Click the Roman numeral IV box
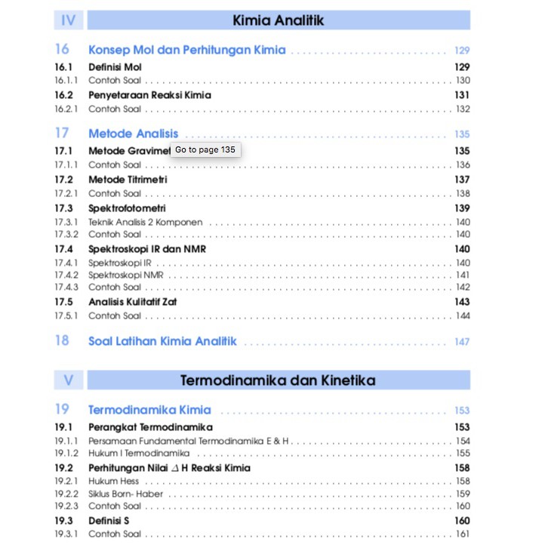click(x=69, y=20)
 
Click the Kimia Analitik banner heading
click(x=279, y=20)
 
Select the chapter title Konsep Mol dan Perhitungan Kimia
click(x=186, y=50)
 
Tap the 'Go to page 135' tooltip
click(x=205, y=149)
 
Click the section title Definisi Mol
click(x=115, y=67)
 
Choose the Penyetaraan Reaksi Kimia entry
click(x=149, y=95)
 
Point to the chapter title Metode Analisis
click(x=133, y=134)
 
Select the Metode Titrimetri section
click(x=128, y=180)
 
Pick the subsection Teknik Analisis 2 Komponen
click(x=145, y=222)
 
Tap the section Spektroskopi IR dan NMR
click(x=147, y=249)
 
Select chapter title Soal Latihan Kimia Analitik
click(x=162, y=341)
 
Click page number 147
click(x=462, y=342)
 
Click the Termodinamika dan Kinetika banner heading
click(x=278, y=380)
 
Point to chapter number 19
click(x=62, y=409)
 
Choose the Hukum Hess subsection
click(x=113, y=481)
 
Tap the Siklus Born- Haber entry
click(x=125, y=494)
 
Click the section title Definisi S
click(x=109, y=521)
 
